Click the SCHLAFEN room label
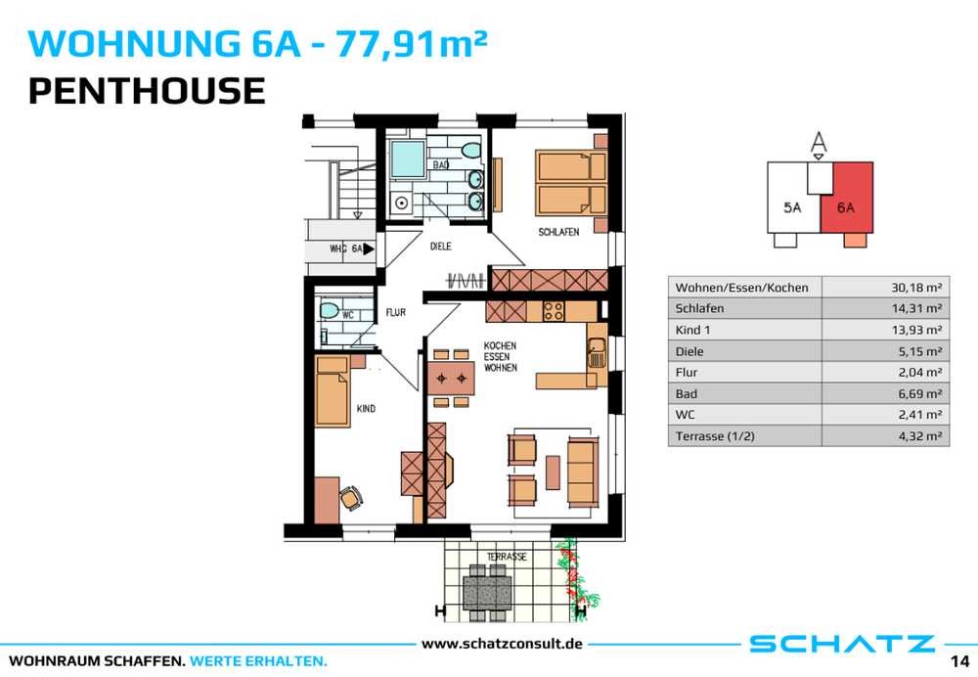pyautogui.click(x=558, y=232)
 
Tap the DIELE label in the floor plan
pyautogui.click(x=440, y=247)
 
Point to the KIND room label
pyautogui.click(x=366, y=409)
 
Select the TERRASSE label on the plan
pyautogui.click(x=507, y=557)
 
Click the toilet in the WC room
pyautogui.click(x=329, y=310)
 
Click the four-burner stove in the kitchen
pyautogui.click(x=554, y=311)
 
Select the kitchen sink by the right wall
pyautogui.click(x=597, y=352)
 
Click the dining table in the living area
pyautogui.click(x=451, y=378)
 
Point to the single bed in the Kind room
pyautogui.click(x=332, y=391)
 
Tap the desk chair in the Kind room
pyautogui.click(x=350, y=497)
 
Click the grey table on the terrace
pyautogui.click(x=487, y=592)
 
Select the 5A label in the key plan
pyautogui.click(x=792, y=207)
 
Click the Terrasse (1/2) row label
pyautogui.click(x=715, y=436)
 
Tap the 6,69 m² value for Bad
pyautogui.click(x=920, y=393)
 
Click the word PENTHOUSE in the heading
pyautogui.click(x=148, y=90)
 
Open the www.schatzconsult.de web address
pyautogui.click(x=502, y=644)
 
